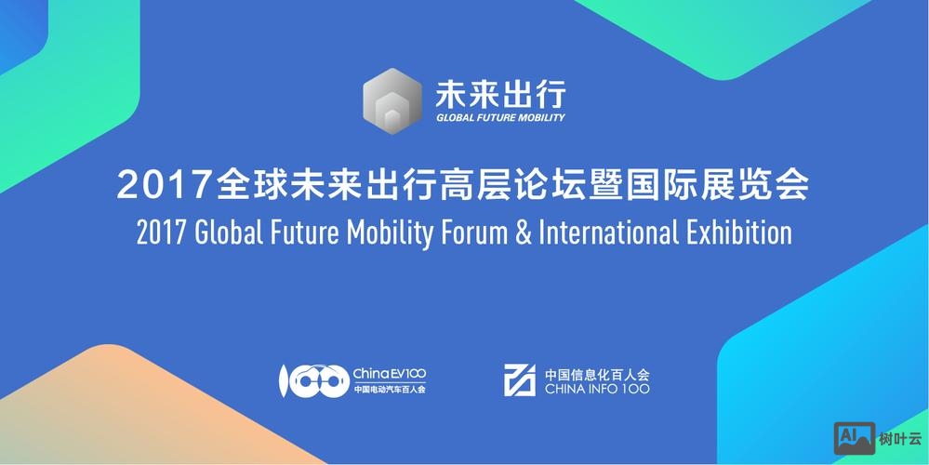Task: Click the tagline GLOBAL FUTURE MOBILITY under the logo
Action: (500, 118)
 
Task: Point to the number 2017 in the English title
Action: (162, 232)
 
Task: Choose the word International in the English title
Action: (608, 232)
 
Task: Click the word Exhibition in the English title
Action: (740, 232)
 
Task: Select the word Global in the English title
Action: (227, 232)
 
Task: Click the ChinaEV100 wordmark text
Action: (389, 373)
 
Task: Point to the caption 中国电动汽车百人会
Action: (389, 390)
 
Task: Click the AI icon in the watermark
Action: (854, 436)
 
